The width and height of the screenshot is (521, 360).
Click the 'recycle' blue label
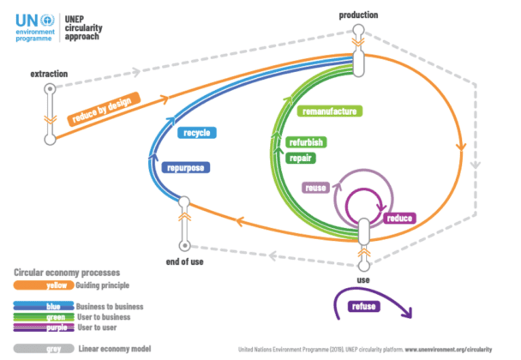196,133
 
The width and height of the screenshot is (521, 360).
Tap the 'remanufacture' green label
330,111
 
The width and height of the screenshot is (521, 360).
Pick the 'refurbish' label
306,142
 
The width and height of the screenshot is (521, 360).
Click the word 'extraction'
48,75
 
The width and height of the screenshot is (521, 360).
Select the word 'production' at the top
358,15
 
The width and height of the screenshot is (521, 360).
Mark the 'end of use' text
183,261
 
